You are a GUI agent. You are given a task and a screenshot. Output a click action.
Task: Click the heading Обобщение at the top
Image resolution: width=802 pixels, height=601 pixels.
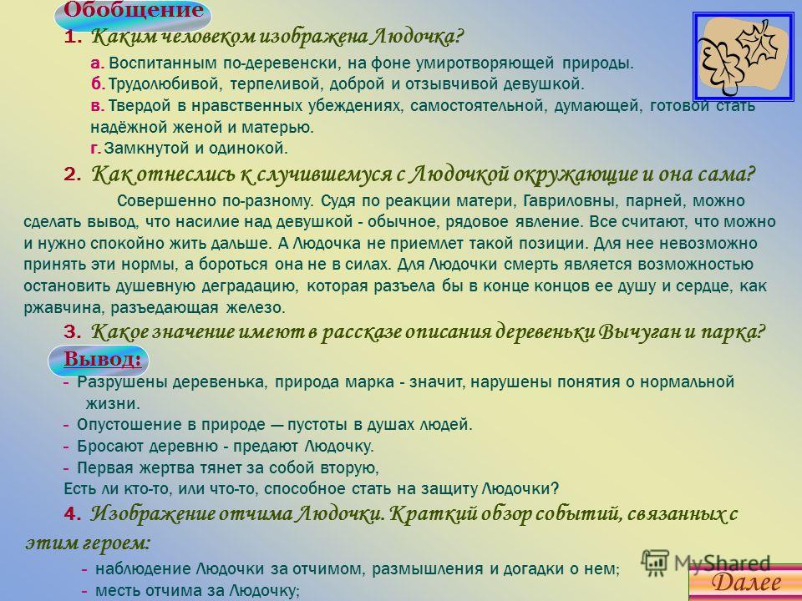(x=133, y=10)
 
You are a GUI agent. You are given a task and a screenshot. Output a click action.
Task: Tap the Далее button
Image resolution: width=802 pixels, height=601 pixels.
(x=746, y=583)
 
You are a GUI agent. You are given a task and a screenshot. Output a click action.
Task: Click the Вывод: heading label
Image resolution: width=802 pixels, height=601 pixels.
(x=102, y=359)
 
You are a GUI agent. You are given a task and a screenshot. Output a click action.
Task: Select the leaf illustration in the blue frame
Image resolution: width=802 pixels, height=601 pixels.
(x=744, y=57)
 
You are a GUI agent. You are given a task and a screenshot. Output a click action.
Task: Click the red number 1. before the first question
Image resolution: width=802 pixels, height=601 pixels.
(x=73, y=38)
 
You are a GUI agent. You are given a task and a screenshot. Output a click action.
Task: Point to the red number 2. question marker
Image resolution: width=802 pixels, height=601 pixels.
(x=73, y=174)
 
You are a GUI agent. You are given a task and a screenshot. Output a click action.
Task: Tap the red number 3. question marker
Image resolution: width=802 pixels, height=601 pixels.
(x=73, y=332)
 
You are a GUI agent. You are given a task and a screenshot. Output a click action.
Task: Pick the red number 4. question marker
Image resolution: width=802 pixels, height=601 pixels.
(x=73, y=513)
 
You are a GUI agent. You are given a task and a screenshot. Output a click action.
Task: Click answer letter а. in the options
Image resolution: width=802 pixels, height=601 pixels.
(x=98, y=64)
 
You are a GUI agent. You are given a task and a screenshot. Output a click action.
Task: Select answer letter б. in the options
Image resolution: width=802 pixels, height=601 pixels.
(x=99, y=83)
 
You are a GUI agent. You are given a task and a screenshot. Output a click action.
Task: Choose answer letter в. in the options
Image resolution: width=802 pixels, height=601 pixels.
(x=98, y=106)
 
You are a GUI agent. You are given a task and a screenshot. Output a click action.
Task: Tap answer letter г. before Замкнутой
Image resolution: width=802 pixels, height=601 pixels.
(x=96, y=149)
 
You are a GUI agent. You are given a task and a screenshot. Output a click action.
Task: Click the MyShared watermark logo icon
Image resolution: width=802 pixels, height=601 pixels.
(x=655, y=563)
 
